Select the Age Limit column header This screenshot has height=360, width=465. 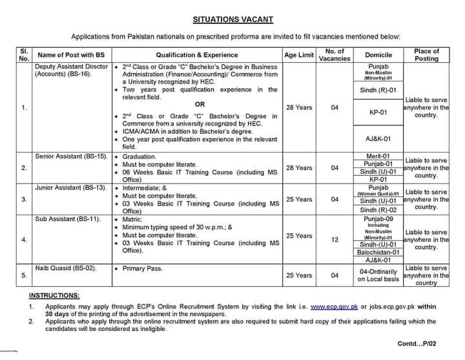pos(298,55)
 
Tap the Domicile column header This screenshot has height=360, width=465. pos(378,55)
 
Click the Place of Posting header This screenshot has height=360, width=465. pos(426,55)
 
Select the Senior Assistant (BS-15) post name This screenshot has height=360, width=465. pos(67,156)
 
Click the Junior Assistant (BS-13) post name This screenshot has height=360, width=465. pos(67,187)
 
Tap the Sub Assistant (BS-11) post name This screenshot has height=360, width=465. pos(63,220)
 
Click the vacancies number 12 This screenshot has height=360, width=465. pos(335,240)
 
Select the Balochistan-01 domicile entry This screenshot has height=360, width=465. pos(378,253)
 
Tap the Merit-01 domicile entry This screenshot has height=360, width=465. pos(378,156)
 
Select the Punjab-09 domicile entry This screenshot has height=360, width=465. pos(378,220)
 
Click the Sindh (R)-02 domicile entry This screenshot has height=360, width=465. pos(378,210)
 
